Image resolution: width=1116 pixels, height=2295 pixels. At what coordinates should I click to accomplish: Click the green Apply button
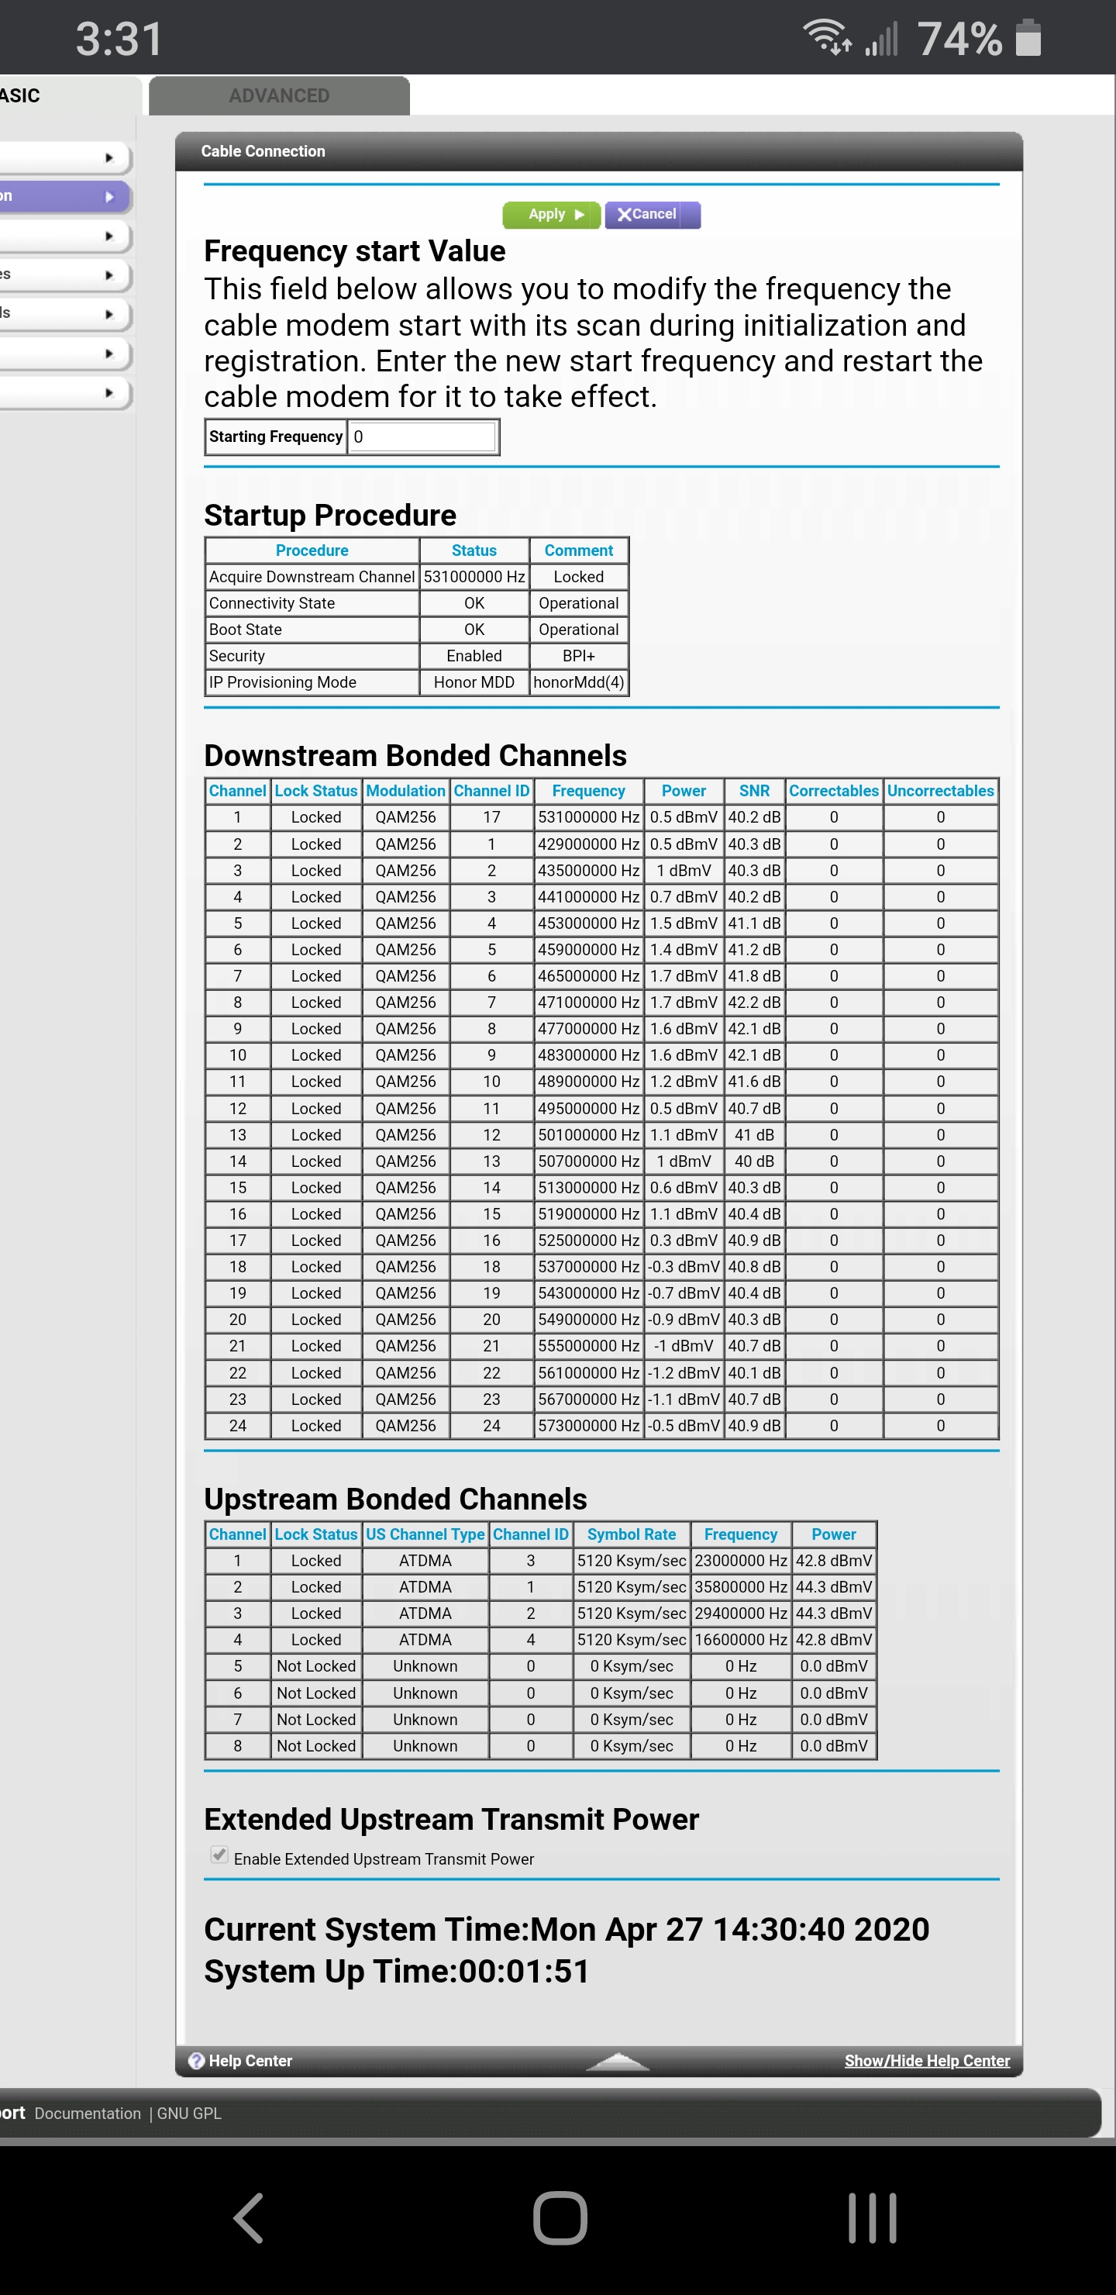[551, 215]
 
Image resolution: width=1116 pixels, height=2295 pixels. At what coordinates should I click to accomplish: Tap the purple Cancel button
[653, 215]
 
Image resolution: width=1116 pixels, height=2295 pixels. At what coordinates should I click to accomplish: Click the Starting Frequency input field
[422, 437]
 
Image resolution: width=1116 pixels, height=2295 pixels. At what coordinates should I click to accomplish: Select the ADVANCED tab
[279, 96]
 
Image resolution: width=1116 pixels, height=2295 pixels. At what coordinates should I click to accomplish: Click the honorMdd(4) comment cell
[579, 682]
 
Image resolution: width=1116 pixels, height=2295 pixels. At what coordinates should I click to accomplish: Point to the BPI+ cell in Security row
[579, 656]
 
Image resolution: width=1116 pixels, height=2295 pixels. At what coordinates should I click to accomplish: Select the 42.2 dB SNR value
[753, 1003]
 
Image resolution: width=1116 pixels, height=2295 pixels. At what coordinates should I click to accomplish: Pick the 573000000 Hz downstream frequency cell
[589, 1426]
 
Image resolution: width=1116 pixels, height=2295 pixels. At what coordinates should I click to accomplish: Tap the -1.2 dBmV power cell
[683, 1373]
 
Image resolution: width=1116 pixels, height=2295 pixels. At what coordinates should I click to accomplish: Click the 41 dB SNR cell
[753, 1135]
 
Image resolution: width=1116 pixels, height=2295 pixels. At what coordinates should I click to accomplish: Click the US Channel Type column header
[425, 1534]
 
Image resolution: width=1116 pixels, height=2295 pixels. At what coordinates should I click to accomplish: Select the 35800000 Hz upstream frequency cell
[740, 1586]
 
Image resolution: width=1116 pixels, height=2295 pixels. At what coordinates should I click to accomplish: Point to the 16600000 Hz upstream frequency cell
[740, 1639]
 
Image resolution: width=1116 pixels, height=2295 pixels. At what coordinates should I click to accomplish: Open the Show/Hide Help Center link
[926, 2061]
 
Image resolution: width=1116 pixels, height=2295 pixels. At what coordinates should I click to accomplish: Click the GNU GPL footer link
[189, 2114]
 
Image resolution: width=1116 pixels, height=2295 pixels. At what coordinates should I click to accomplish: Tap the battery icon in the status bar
[1028, 38]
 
